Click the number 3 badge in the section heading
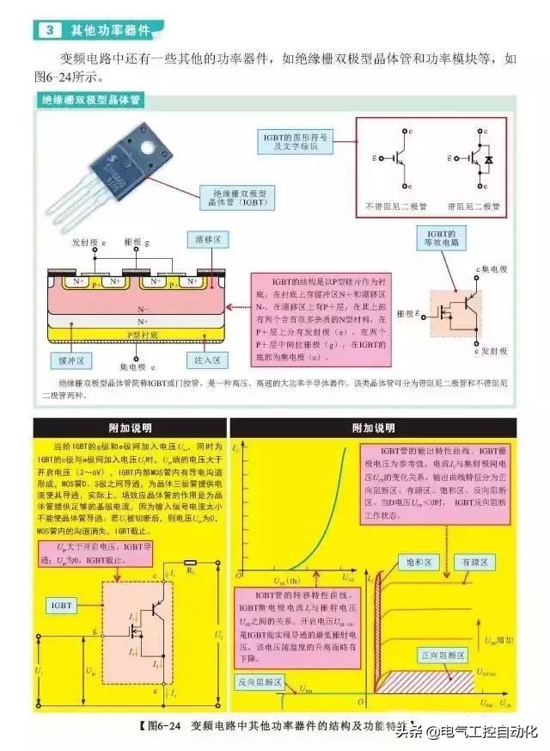[51, 31]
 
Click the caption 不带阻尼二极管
[394, 206]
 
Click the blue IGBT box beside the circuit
[62, 606]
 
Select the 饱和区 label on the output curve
[417, 561]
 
